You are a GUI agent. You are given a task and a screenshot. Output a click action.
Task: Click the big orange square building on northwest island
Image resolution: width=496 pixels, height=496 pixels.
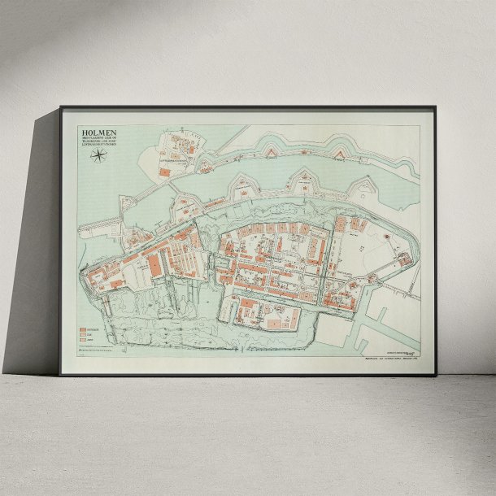(x=164, y=172)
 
